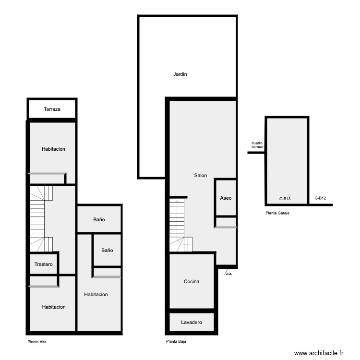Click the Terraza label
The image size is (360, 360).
click(52, 109)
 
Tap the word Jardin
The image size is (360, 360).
click(180, 74)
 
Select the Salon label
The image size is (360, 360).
click(200, 176)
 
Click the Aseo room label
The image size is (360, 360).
click(226, 198)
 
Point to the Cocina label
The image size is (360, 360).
click(191, 282)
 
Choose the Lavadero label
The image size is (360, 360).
click(191, 323)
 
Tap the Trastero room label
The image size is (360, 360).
click(44, 264)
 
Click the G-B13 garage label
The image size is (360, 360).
click(285, 198)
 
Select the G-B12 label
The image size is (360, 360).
click(320, 198)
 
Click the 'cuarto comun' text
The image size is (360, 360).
click(257, 145)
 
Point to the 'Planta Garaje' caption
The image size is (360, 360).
click(277, 213)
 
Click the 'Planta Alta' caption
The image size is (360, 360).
click(37, 342)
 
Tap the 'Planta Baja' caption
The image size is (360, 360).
click(176, 342)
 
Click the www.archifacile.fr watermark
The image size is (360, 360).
click(319, 353)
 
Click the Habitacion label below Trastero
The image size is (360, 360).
click(53, 307)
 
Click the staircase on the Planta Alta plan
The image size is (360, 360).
click(38, 218)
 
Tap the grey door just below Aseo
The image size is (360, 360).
click(225, 227)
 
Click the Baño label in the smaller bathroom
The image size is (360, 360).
click(107, 251)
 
